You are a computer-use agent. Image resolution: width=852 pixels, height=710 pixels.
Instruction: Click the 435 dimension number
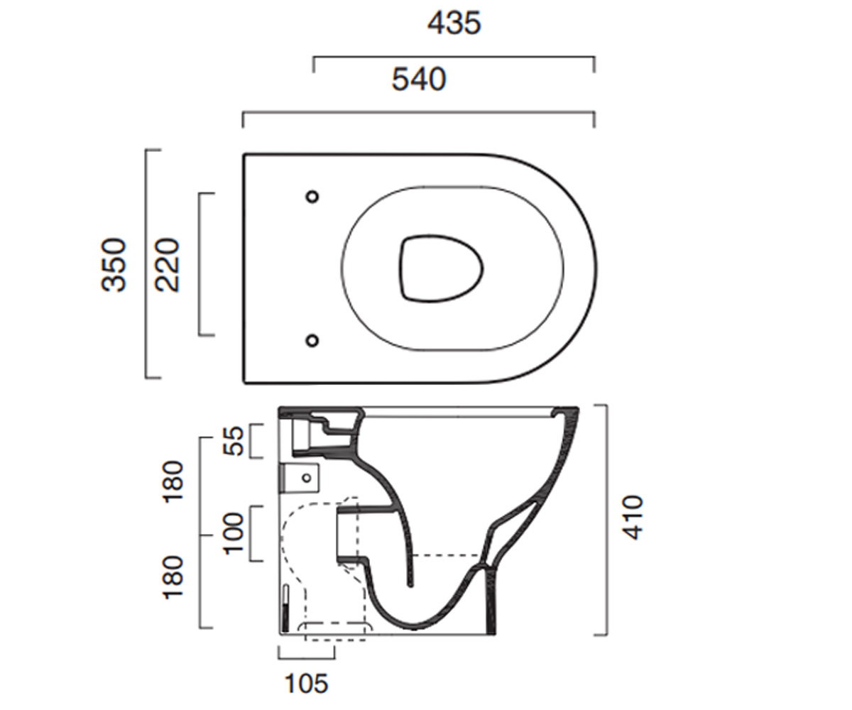[454, 23]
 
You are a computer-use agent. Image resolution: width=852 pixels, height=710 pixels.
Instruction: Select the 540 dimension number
[419, 79]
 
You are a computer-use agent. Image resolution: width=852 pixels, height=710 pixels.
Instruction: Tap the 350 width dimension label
[114, 265]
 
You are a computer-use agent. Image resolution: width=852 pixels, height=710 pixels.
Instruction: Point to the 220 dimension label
[168, 265]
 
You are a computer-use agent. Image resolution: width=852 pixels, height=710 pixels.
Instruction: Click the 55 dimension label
[234, 441]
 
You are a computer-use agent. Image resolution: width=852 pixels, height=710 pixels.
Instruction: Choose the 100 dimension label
[234, 533]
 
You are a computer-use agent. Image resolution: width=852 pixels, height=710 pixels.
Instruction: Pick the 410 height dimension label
[632, 518]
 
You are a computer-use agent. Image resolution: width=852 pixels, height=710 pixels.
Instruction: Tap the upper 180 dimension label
[173, 481]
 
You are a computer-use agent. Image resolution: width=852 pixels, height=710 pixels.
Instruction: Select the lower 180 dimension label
[173, 577]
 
